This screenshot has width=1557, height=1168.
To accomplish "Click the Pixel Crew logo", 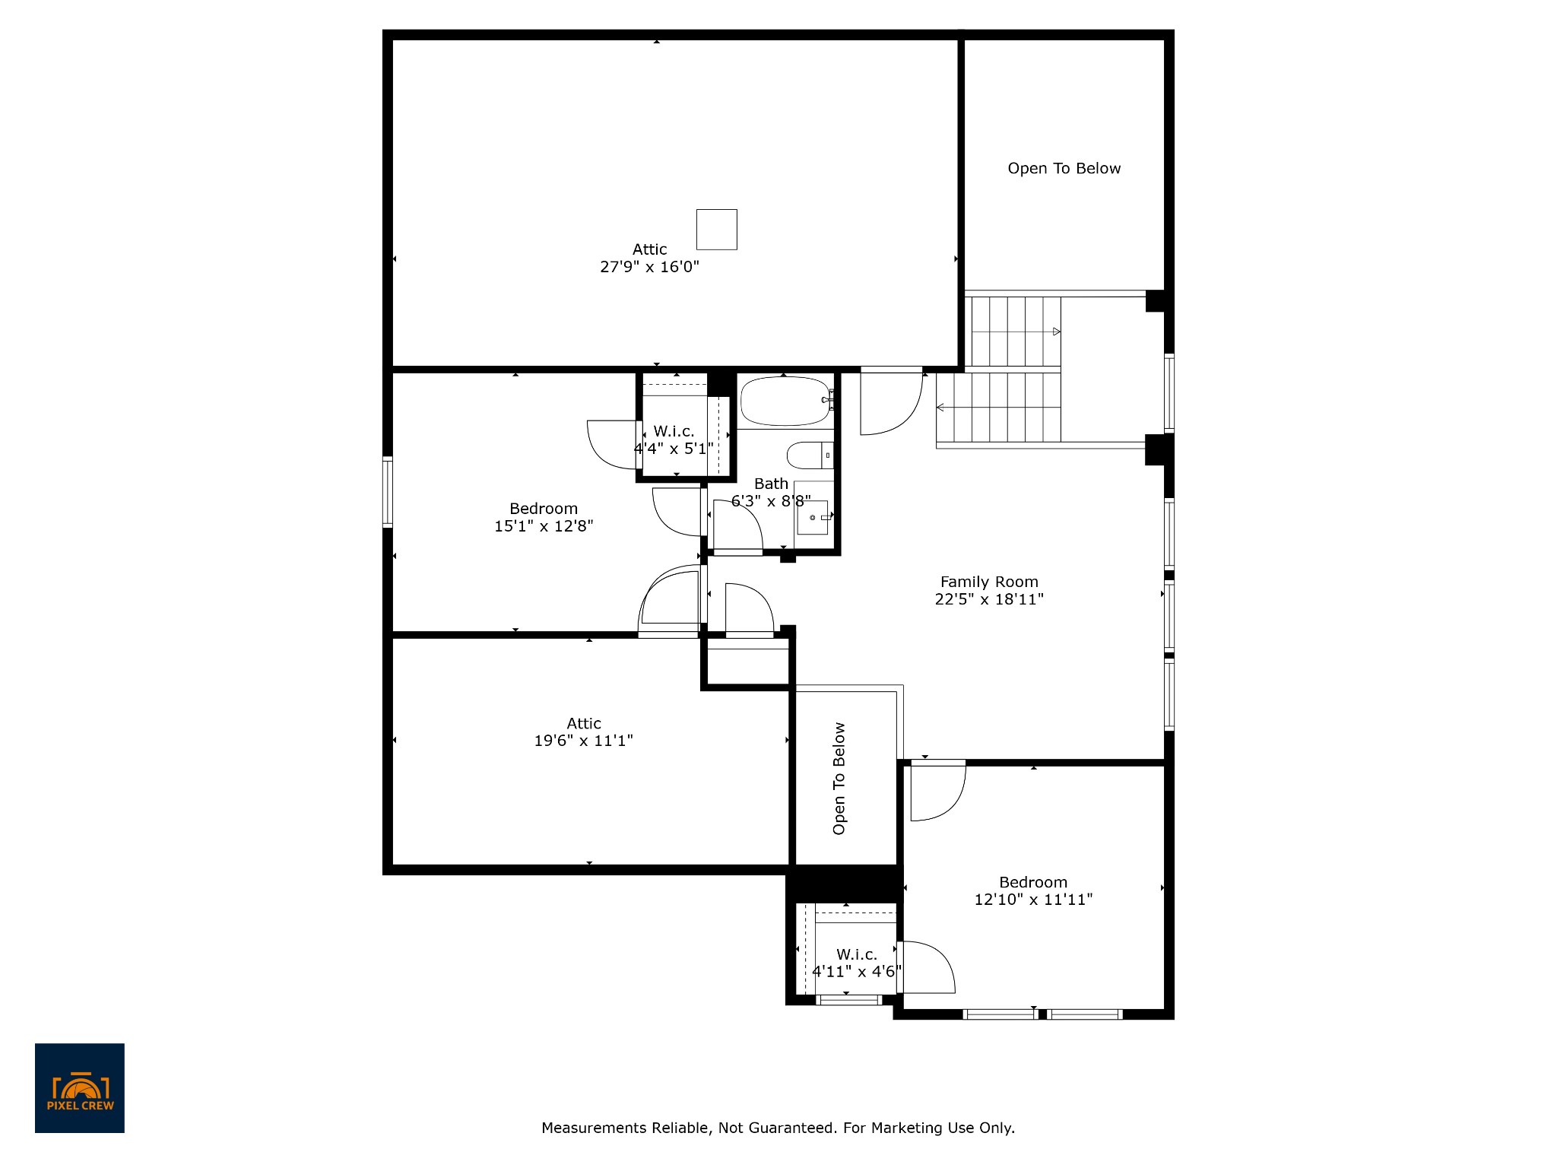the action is tap(80, 1088).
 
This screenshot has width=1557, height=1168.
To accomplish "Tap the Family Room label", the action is tap(989, 582).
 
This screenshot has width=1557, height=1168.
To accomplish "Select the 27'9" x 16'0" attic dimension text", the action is tap(649, 267).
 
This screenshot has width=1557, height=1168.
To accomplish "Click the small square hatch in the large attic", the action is tap(717, 230).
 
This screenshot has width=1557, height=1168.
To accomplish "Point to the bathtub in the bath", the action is tap(785, 401).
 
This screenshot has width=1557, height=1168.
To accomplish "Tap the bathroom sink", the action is tap(813, 518).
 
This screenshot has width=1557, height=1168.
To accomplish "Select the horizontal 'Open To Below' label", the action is tap(1064, 169).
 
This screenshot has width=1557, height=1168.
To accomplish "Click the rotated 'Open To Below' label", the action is tap(839, 779).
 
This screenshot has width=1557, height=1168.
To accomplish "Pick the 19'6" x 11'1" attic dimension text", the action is tap(583, 741).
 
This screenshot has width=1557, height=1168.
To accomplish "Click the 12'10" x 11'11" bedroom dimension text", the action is tap(1033, 900).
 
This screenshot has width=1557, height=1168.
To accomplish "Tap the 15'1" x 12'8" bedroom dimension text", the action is tap(544, 525).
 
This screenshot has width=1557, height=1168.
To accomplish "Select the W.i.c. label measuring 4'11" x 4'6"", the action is tap(857, 954).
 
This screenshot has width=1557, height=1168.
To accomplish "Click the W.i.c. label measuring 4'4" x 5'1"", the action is tap(674, 431).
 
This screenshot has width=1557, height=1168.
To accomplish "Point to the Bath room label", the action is tap(771, 484).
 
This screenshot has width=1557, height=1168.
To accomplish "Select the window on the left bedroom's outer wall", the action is tap(388, 492).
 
